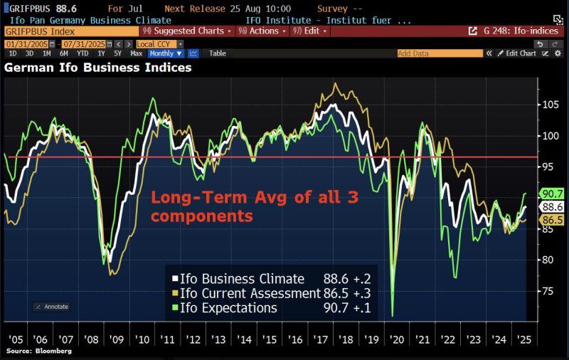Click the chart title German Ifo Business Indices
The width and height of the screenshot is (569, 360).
coord(98,68)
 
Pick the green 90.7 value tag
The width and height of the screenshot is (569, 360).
coord(553,194)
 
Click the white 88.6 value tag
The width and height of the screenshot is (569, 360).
coord(553,207)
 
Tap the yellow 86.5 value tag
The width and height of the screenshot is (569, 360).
coord(553,221)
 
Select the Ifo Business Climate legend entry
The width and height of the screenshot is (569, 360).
coord(239,278)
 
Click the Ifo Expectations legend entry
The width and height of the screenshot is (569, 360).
coord(228,308)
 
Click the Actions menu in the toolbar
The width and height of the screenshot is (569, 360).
coord(263,31)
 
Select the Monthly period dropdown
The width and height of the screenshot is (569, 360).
coord(165,53)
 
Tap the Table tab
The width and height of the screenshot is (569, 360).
coord(217,53)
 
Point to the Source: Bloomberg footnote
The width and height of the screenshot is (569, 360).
coord(33,352)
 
